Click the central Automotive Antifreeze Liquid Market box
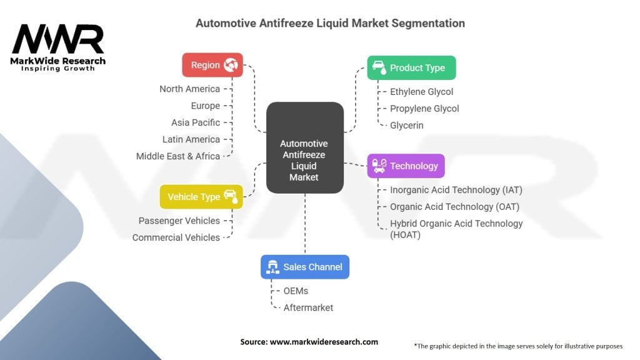[304, 147]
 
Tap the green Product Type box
[411, 67]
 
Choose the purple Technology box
[406, 166]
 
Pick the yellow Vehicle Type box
[201, 196]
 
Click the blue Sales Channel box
[304, 267]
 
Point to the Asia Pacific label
[196, 122]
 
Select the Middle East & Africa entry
[178, 156]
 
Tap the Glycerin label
[406, 125]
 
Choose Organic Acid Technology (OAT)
[454, 206]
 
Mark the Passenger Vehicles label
[179, 221]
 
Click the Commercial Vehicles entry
[176, 237]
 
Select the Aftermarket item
[308, 307]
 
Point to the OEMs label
[296, 291]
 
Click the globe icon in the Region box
[231, 65]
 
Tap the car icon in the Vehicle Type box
[230, 196]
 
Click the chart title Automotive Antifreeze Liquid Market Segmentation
[330, 23]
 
